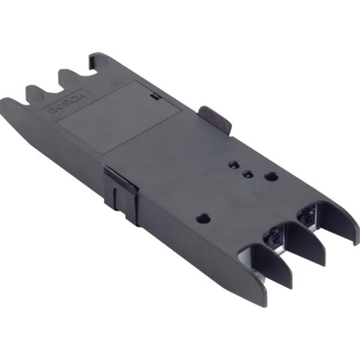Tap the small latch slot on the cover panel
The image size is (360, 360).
(153, 96)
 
